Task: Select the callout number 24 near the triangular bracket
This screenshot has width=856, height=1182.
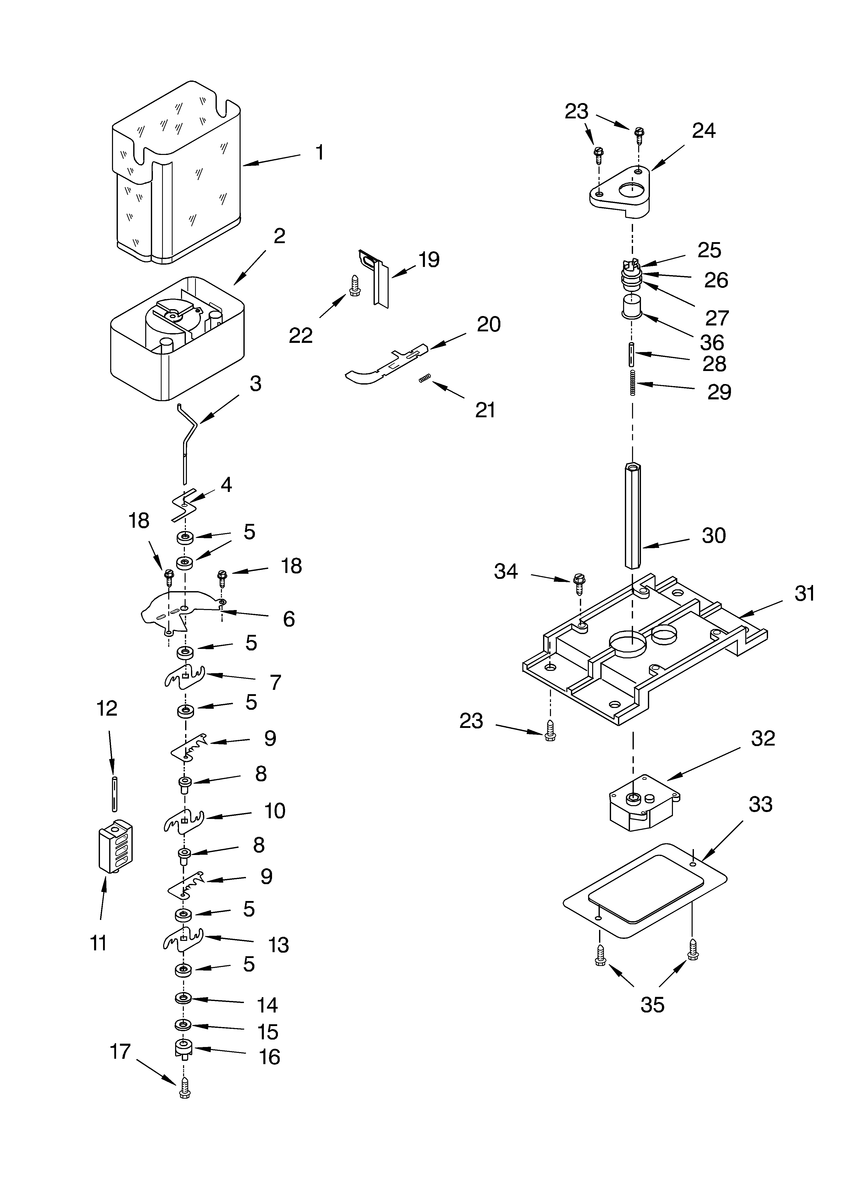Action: [x=703, y=131]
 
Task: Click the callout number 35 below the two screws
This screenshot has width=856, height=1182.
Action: [x=652, y=1004]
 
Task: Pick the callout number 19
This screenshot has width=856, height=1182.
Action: [x=429, y=260]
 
